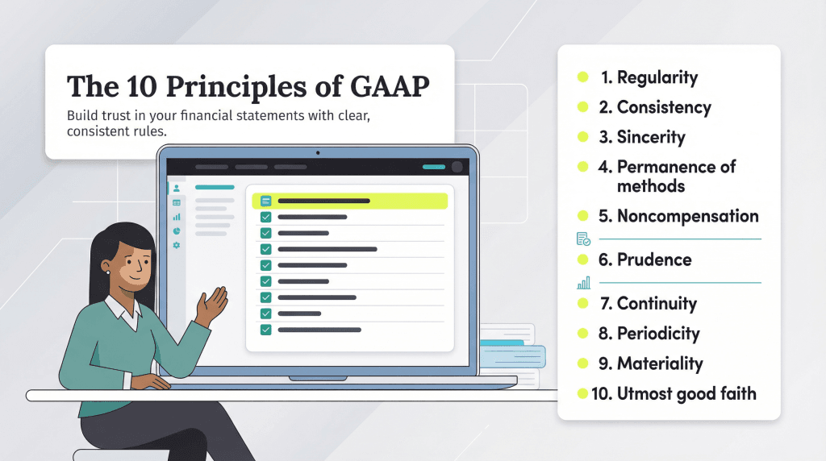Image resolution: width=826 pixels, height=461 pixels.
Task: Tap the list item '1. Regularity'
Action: (649, 77)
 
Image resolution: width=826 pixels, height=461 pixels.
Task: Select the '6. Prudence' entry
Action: (645, 260)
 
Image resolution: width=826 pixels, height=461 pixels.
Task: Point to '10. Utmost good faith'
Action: (674, 393)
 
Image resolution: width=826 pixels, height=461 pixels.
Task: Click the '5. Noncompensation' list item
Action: (678, 216)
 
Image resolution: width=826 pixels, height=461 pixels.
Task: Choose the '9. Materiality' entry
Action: (651, 363)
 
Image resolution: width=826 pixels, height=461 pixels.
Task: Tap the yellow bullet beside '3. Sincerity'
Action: (582, 137)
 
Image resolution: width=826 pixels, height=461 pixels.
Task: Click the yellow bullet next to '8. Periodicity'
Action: (582, 333)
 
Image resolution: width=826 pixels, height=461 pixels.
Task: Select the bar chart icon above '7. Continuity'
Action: (584, 283)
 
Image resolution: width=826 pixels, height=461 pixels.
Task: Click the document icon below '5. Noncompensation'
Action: (583, 239)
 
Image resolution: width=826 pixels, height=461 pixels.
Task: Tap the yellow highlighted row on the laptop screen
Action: (350, 201)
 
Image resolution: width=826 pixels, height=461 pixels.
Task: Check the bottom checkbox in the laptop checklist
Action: (266, 330)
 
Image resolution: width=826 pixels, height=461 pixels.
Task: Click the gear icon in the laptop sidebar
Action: (177, 245)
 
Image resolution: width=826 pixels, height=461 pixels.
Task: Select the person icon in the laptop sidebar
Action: (177, 188)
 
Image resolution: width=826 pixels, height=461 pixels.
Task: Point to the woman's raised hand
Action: (212, 304)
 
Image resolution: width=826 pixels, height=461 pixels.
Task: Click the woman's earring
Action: (108, 272)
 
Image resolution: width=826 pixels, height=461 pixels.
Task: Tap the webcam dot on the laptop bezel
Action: (318, 153)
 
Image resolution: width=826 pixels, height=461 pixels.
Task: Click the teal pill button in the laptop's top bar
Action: (434, 167)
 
